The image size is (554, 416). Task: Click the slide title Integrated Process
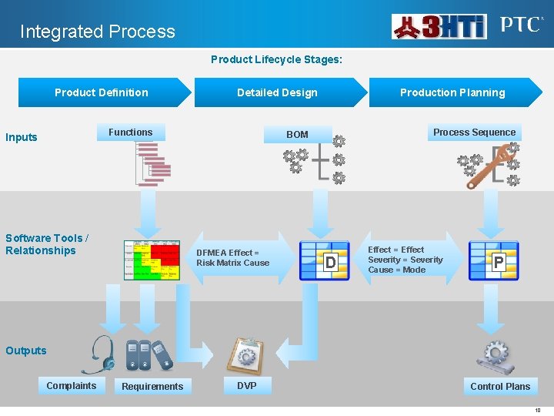(x=98, y=32)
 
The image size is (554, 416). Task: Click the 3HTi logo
(x=439, y=27)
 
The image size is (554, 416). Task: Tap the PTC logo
(x=521, y=25)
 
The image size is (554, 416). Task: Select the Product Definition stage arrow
(x=103, y=92)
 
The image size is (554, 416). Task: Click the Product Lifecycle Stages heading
(x=277, y=59)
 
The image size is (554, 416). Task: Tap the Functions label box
(x=131, y=133)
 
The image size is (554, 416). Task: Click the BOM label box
(x=297, y=135)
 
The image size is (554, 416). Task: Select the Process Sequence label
(x=474, y=133)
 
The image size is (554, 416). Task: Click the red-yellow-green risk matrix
(x=152, y=260)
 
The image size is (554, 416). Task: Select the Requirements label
(x=152, y=386)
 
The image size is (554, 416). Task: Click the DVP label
(x=247, y=385)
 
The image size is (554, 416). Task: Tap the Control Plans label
(x=500, y=386)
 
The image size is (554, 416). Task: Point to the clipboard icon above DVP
(x=248, y=355)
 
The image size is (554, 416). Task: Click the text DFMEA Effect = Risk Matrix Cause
(x=233, y=258)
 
